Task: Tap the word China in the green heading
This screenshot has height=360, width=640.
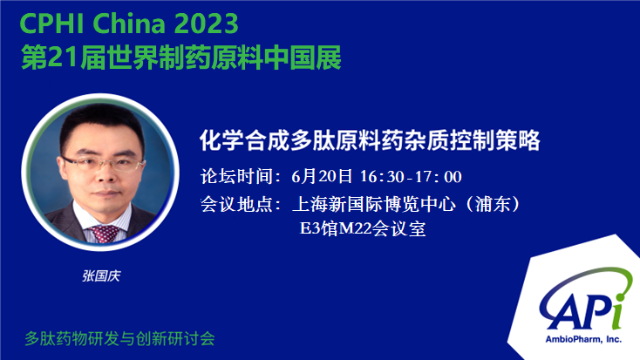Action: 131,24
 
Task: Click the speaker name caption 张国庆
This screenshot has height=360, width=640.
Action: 101,276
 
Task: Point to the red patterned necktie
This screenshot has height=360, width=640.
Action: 105,233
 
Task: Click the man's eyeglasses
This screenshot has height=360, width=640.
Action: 102,163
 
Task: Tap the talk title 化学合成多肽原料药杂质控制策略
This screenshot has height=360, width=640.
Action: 370,140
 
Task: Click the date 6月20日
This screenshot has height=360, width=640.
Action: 322,176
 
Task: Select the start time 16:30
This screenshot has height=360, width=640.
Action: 382,177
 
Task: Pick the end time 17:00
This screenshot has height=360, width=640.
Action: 439,177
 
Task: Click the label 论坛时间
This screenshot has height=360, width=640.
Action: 237,176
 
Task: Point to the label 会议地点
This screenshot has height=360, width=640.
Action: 237,204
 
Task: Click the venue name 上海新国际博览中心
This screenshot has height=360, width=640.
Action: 374,204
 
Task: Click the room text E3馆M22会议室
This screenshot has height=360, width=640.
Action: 363,228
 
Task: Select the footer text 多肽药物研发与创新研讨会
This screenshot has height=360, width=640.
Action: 119,339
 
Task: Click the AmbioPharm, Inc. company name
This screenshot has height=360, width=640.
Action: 583,339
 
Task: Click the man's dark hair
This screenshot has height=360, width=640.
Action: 102,122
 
